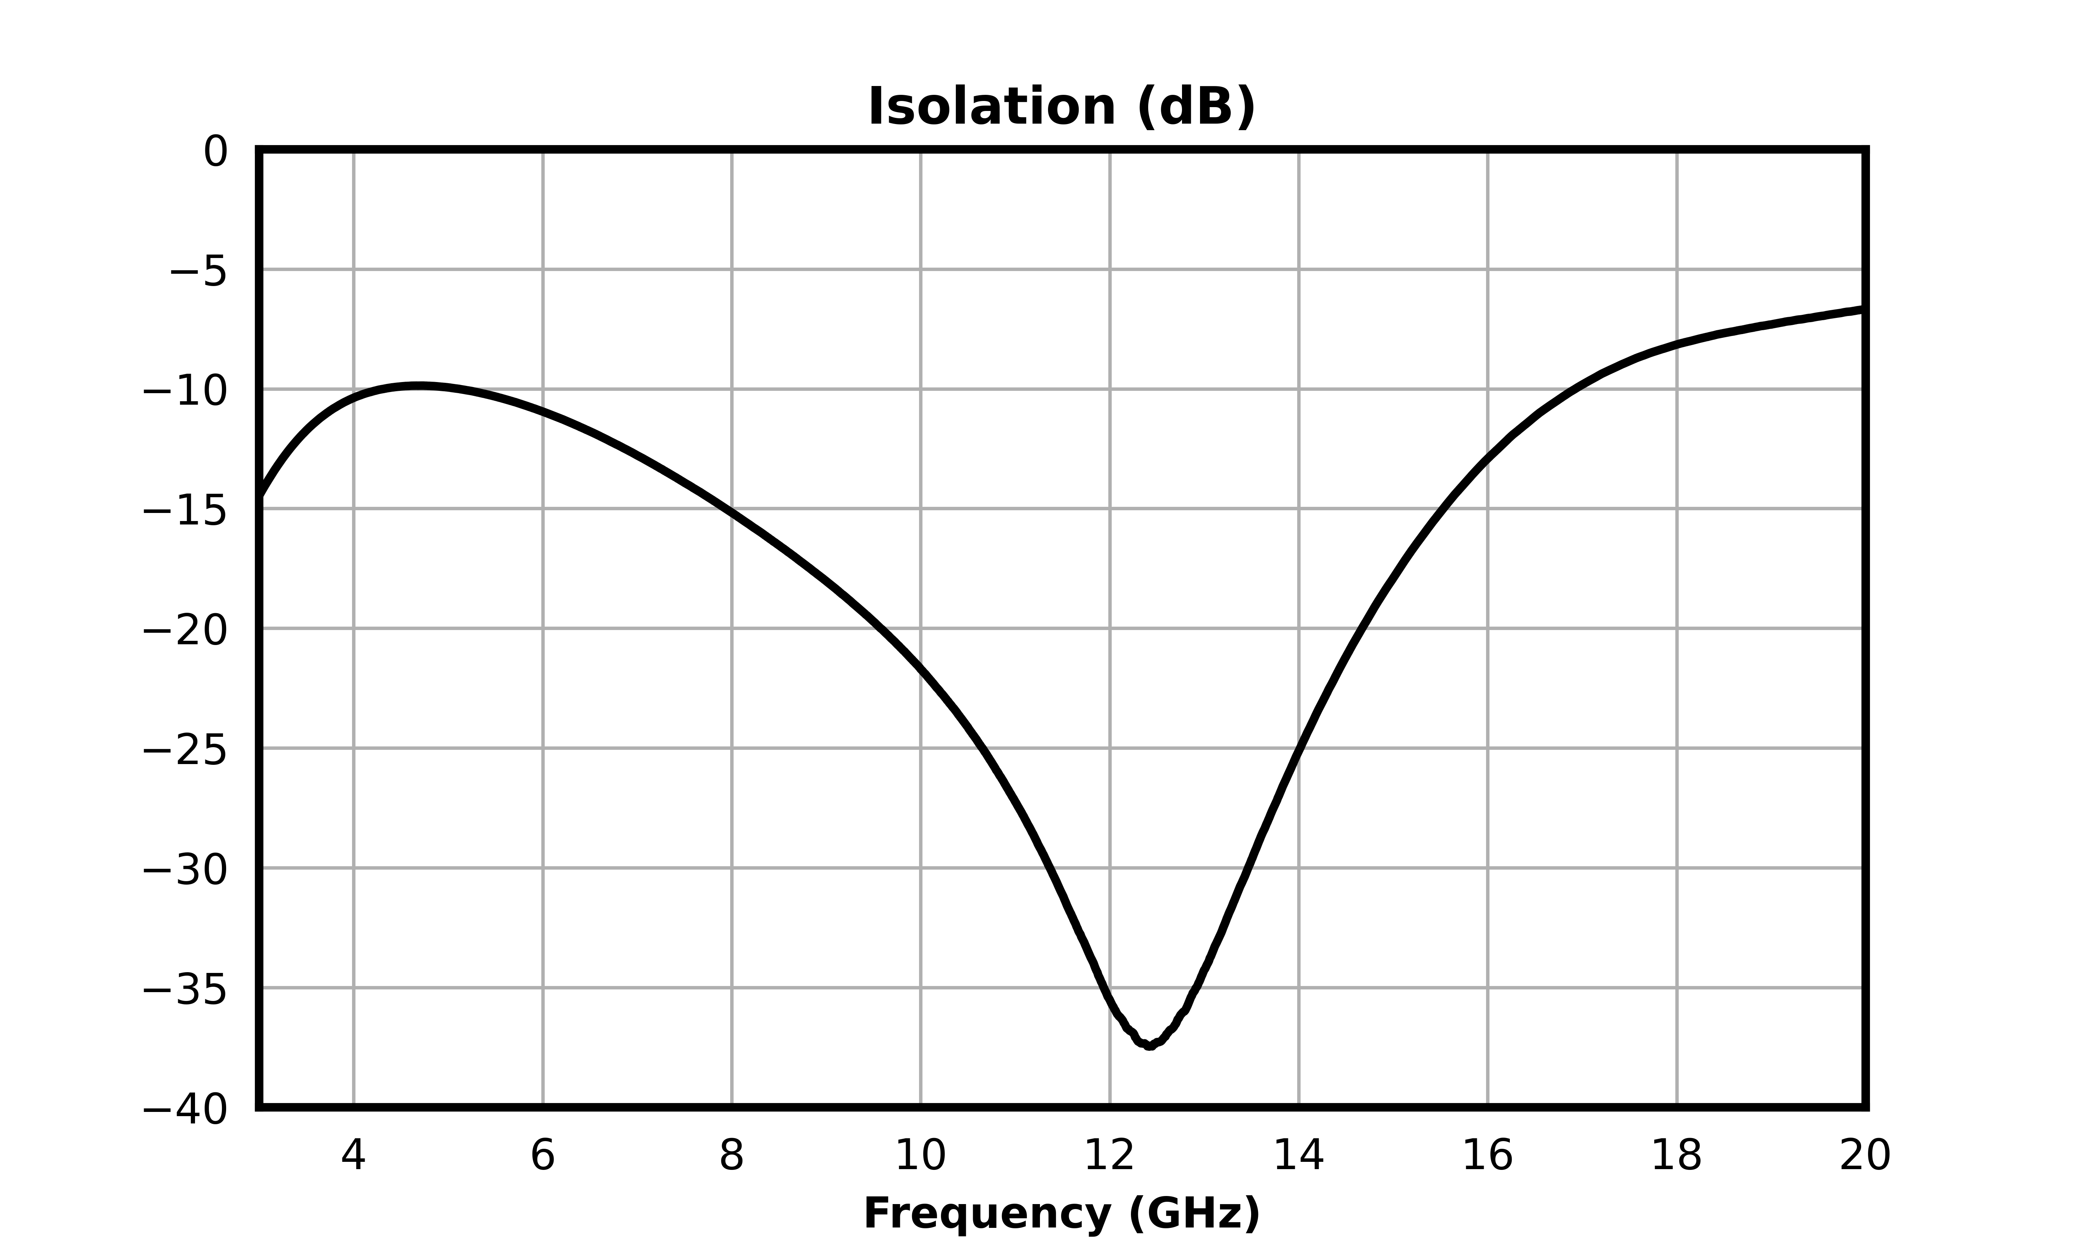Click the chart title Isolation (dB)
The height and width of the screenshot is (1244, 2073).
pos(1061,107)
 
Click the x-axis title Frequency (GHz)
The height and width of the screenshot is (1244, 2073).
pos(1061,1213)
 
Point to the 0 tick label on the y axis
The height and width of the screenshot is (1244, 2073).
pos(215,152)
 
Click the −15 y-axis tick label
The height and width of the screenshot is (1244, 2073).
pos(185,511)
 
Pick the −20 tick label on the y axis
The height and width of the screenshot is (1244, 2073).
pos(185,630)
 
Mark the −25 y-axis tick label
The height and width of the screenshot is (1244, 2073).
pos(185,750)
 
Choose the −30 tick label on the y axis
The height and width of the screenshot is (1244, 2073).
pos(185,870)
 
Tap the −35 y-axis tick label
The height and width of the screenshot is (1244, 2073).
pos(185,990)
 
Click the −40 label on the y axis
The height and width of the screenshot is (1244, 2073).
pos(185,1110)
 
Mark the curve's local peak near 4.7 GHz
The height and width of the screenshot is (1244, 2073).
pos(418,385)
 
